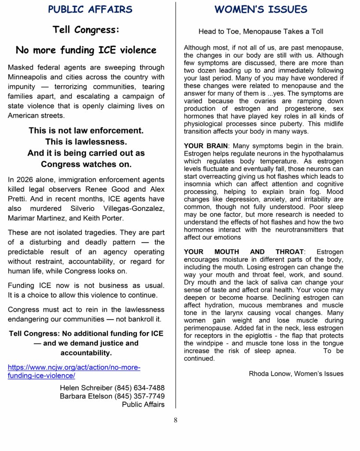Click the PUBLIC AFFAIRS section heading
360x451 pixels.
90,10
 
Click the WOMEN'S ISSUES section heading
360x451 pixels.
261,10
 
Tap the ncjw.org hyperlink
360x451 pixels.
74,371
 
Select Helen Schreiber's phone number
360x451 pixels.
140,388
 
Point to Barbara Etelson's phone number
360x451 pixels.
140,396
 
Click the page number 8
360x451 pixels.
175,420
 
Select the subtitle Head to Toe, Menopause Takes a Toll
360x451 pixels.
261,32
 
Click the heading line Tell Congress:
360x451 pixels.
86,30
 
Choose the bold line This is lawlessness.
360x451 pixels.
86,142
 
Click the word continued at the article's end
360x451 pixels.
199,359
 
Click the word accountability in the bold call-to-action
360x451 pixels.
86,353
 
